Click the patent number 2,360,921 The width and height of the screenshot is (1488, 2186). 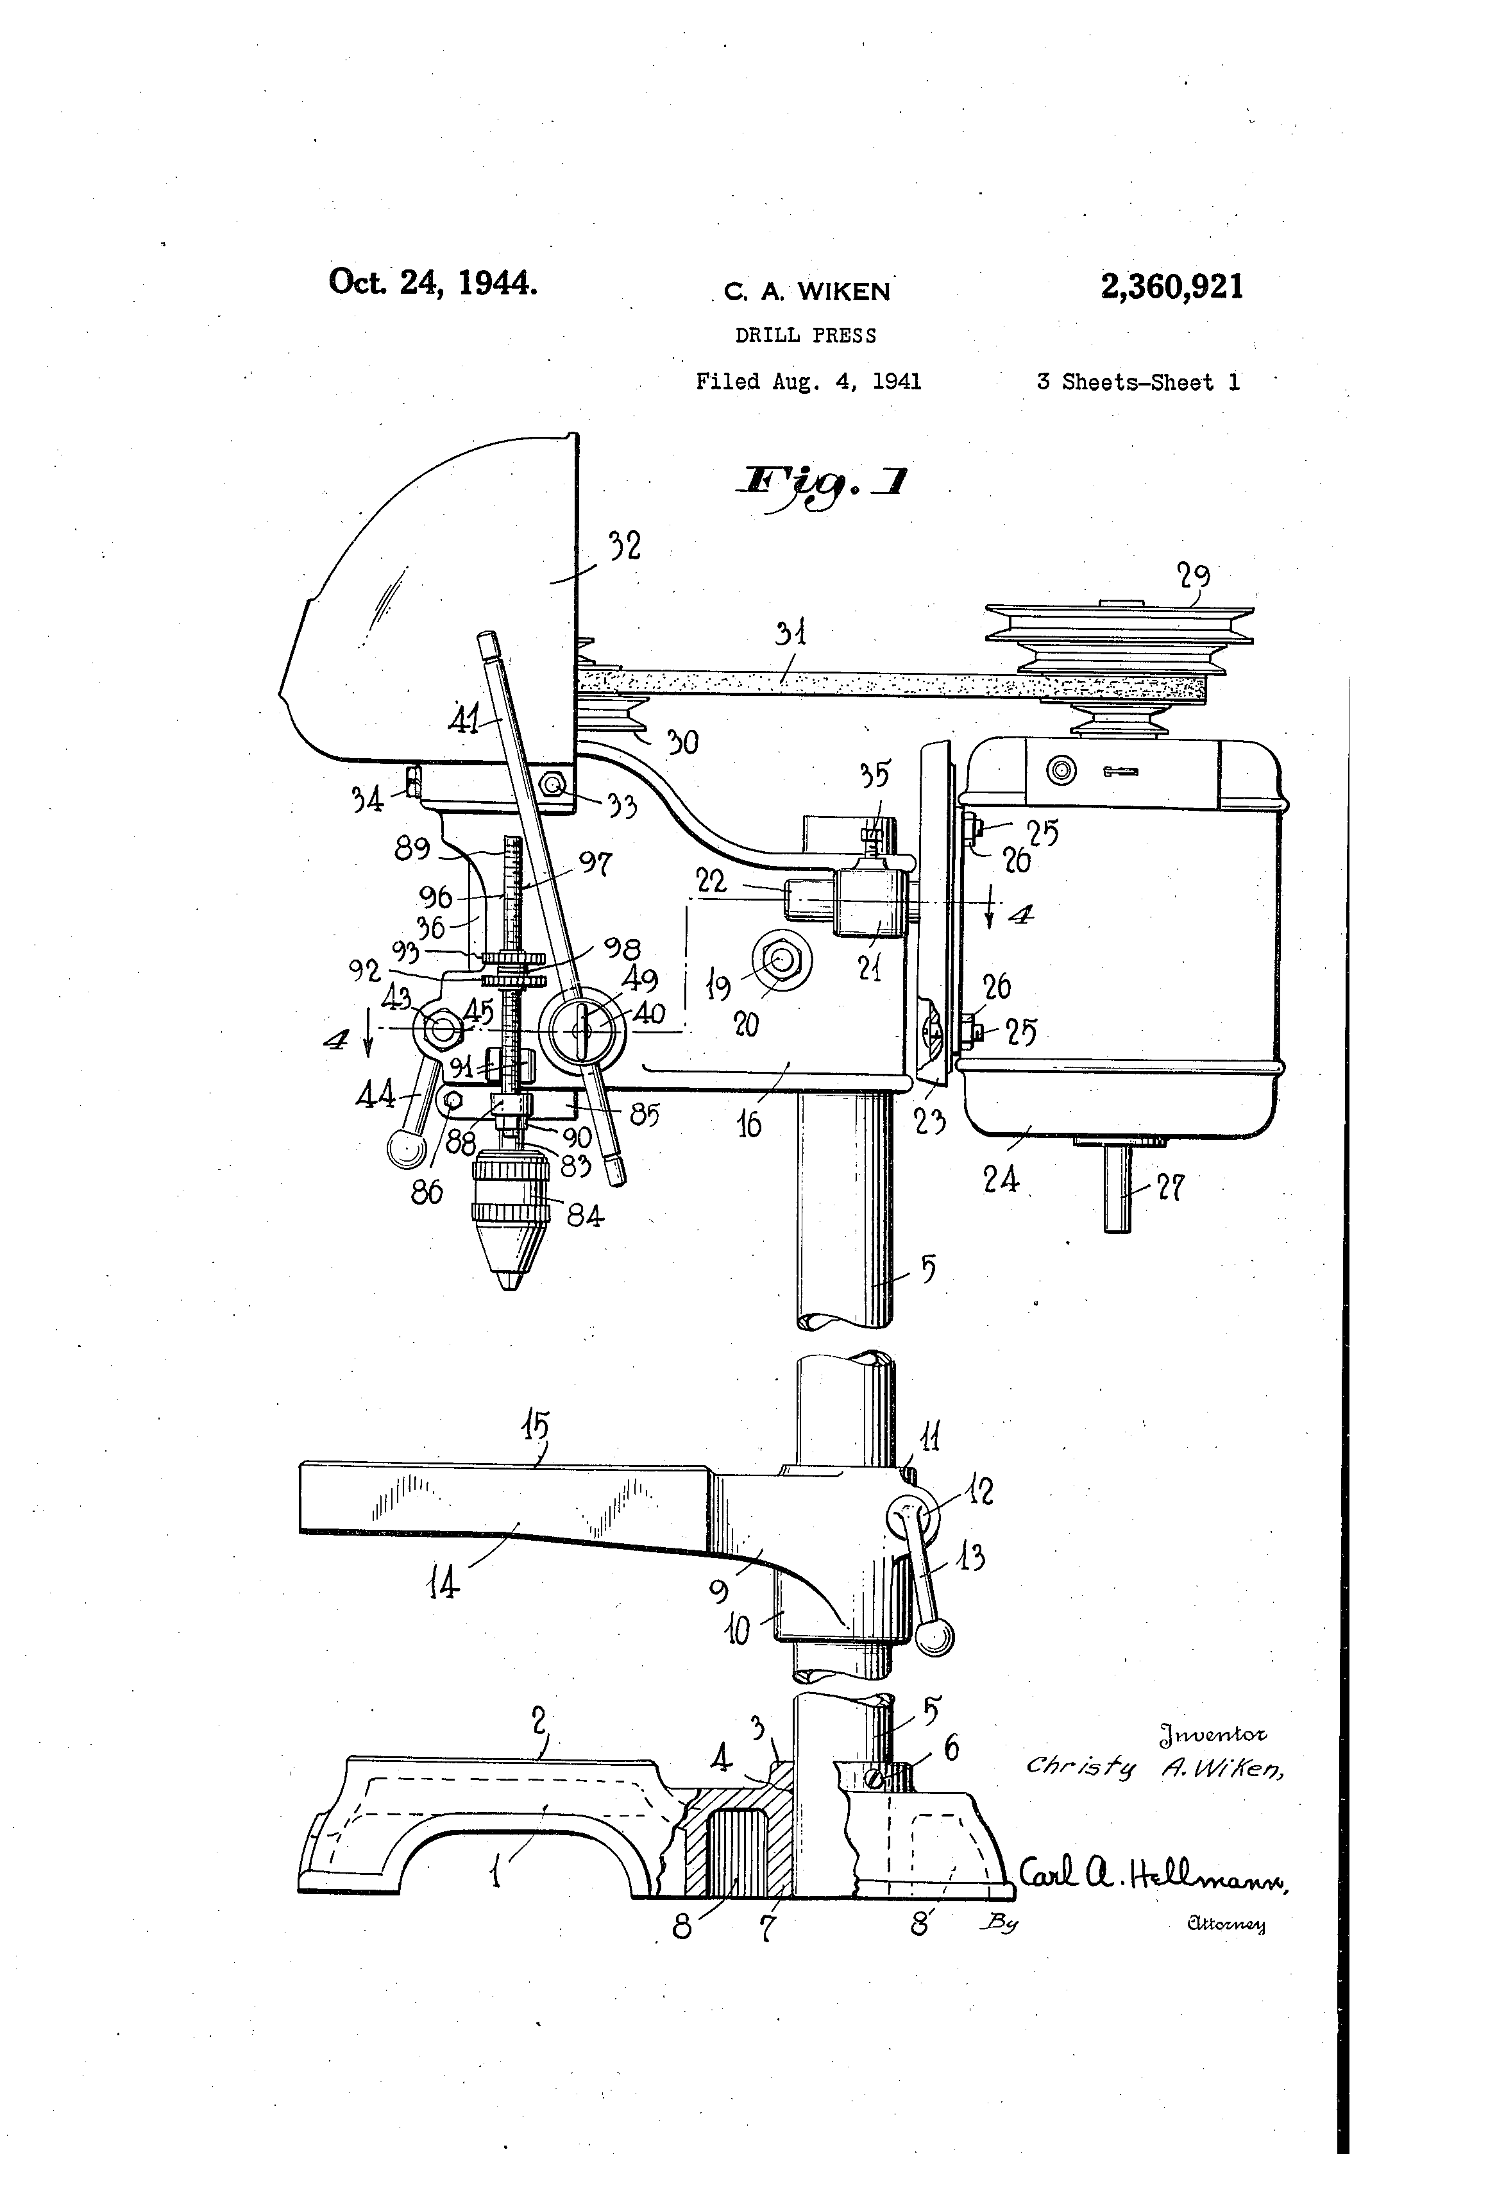(1171, 286)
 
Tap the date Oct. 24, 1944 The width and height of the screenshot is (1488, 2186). (433, 282)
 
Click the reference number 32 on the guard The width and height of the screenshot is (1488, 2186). (625, 546)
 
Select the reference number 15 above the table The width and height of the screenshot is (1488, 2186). (536, 1428)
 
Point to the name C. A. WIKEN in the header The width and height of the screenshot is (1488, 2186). (806, 292)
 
